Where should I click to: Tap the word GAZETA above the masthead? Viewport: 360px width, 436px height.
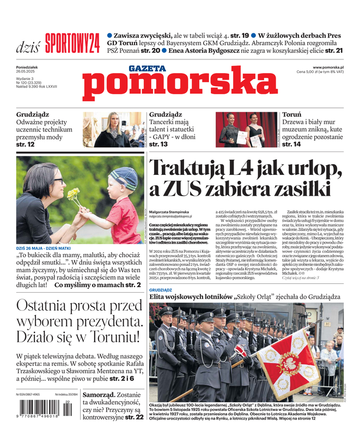pos(147,69)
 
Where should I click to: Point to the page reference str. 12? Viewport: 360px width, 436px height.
pos(25,144)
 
